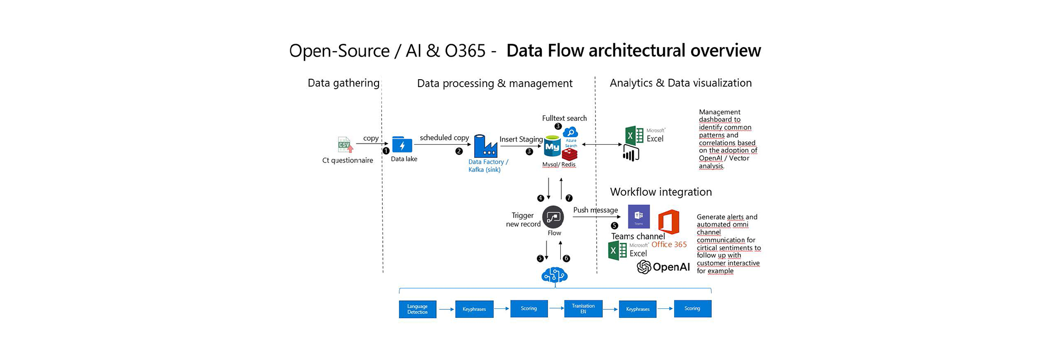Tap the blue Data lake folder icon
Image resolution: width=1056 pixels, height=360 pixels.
tap(402, 145)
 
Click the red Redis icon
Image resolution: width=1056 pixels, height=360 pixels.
tap(570, 154)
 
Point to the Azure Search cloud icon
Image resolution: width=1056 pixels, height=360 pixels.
tap(571, 133)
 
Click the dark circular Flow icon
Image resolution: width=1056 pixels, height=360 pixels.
tap(553, 217)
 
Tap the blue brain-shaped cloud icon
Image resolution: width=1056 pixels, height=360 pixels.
tap(554, 275)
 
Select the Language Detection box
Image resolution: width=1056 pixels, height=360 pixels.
tap(418, 309)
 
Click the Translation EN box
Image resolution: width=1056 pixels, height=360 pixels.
tap(583, 309)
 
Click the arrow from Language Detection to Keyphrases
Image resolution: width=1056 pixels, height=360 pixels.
tap(446, 309)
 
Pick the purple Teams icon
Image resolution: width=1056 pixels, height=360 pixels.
tap(639, 216)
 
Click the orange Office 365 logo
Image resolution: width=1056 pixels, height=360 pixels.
tap(668, 222)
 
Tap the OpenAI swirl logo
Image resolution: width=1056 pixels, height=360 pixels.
tap(644, 267)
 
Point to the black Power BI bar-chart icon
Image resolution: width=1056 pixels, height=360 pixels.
tap(631, 154)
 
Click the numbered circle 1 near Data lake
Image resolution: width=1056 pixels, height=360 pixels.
tap(386, 151)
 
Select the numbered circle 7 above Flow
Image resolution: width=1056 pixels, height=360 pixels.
tap(569, 198)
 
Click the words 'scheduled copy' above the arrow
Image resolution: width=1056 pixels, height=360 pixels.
tap(444, 138)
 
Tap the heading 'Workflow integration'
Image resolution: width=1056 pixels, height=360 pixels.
tap(661, 192)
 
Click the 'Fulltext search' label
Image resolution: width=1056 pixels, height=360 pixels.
tap(564, 118)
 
